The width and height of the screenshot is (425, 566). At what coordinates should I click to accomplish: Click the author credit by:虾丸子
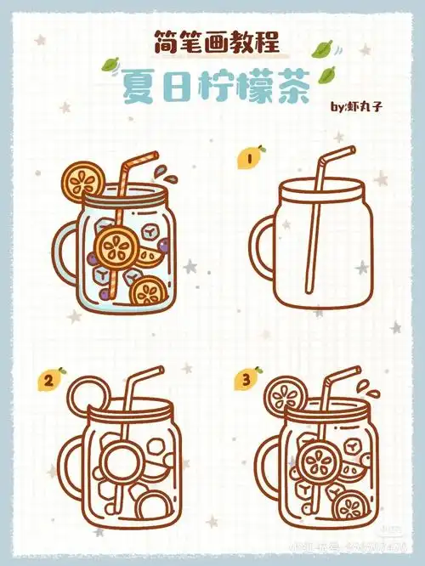pyautogui.click(x=362, y=107)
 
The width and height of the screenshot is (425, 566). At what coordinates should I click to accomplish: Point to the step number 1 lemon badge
pyautogui.click(x=252, y=157)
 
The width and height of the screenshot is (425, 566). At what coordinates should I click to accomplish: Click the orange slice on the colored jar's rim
pyautogui.click(x=83, y=180)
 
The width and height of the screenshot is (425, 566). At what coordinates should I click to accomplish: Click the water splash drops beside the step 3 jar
pyautogui.click(x=365, y=388)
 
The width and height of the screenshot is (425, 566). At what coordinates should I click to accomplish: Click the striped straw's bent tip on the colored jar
pyautogui.click(x=144, y=159)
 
